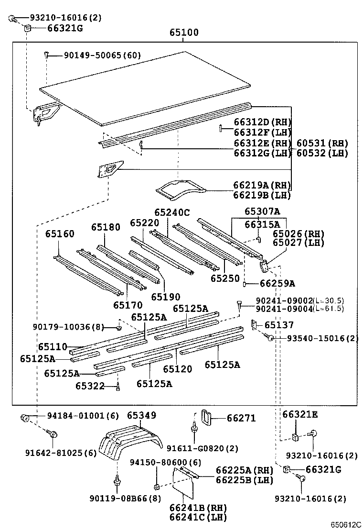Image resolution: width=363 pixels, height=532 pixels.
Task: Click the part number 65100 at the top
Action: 184,33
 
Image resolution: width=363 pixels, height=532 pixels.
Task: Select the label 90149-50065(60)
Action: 103,55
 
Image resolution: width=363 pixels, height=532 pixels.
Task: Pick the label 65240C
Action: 171,212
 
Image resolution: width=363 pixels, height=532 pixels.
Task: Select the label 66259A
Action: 278,283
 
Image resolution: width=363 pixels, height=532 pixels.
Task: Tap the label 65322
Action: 91,386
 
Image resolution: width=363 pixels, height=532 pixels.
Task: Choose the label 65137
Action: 279,325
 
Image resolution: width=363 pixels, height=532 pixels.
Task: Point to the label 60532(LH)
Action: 322,153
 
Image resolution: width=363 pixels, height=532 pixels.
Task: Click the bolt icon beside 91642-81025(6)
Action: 53,434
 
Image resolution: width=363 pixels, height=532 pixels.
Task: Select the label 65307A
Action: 262,211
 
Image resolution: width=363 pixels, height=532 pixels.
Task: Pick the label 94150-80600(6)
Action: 166,462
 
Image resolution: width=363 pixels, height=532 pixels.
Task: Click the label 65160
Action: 60,234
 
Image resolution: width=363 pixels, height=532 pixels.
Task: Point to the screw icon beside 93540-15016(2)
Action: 270,338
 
